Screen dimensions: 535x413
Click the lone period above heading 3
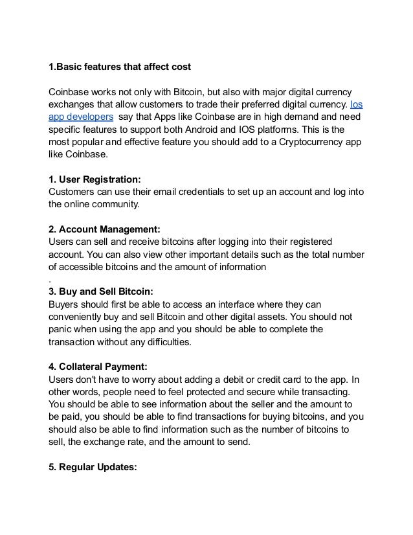click(x=50, y=280)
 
